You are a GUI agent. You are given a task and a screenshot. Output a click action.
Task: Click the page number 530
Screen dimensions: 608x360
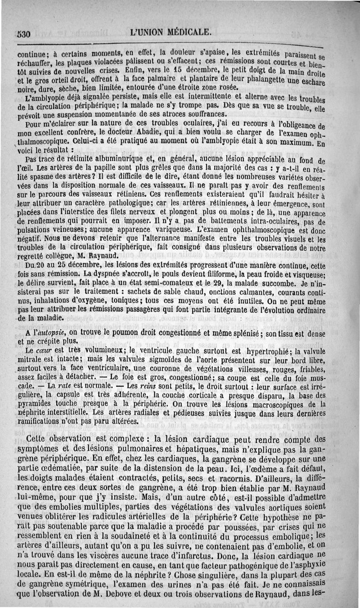[x=22, y=33]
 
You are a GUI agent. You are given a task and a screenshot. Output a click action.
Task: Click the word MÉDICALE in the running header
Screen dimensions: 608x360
[x=189, y=32]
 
